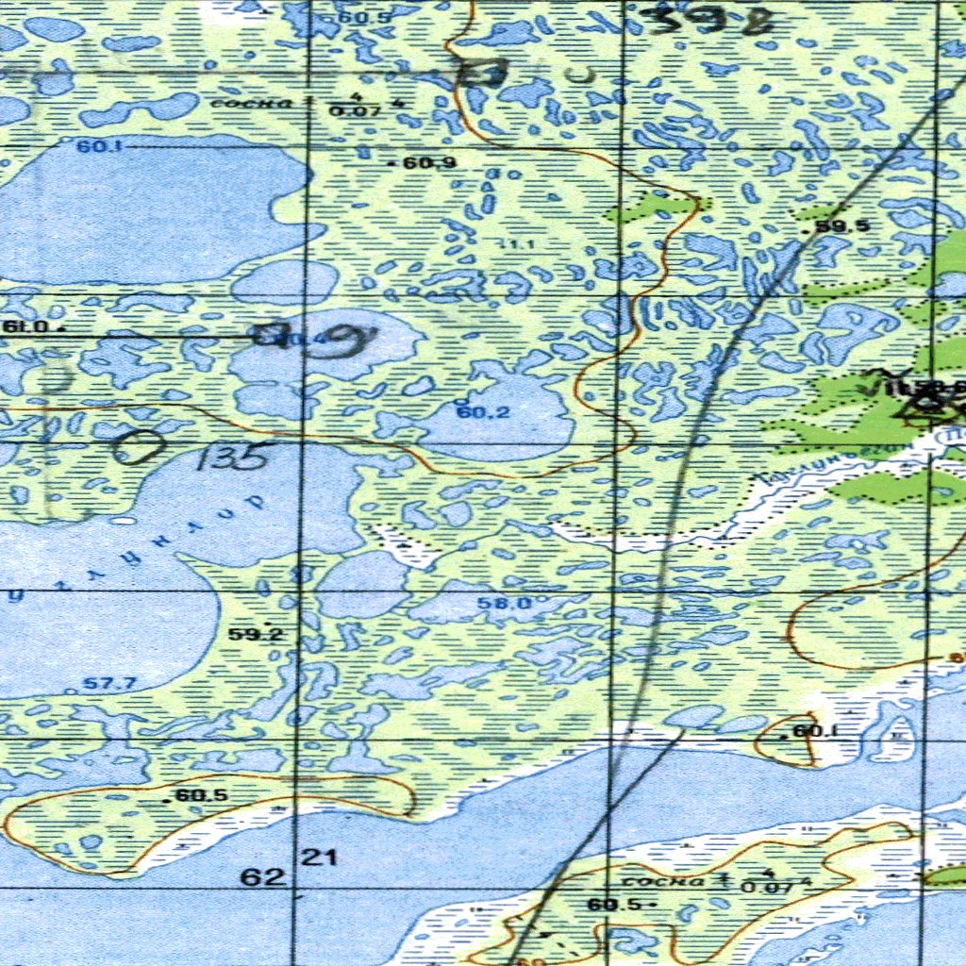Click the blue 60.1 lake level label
click(93, 146)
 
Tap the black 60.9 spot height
click(428, 162)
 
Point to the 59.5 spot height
click(841, 226)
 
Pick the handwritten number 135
click(231, 458)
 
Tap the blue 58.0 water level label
click(504, 603)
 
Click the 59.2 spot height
click(256, 634)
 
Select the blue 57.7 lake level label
click(110, 684)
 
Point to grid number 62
click(262, 877)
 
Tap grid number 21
click(319, 858)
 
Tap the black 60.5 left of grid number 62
click(201, 795)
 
